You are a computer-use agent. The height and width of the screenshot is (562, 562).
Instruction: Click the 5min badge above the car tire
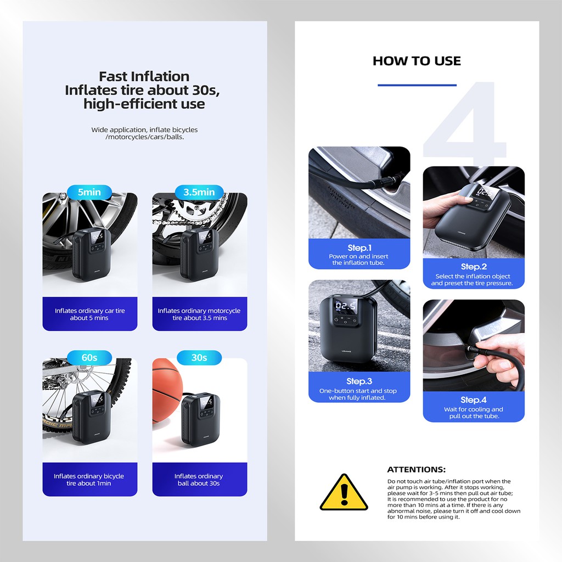89,192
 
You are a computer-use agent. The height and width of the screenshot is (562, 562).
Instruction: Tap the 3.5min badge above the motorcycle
199,192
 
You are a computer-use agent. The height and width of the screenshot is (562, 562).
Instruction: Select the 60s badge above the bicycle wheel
89,357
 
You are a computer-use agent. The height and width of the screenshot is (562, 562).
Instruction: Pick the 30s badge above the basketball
199,357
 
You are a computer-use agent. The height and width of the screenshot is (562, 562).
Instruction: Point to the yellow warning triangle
344,492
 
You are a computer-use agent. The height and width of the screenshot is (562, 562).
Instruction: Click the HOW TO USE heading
417,61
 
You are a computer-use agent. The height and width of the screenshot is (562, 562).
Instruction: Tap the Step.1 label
359,248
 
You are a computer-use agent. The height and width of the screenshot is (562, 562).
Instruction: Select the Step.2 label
474,266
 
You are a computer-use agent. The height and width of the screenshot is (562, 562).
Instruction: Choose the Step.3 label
359,381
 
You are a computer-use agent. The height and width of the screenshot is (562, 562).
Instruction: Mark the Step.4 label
474,400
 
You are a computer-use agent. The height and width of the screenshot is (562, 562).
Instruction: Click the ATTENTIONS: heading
417,470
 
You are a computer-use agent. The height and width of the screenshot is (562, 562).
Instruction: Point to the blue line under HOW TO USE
417,85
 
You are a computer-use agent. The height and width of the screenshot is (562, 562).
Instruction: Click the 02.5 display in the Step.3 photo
346,306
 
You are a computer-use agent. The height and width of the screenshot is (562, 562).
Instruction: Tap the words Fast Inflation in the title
144,76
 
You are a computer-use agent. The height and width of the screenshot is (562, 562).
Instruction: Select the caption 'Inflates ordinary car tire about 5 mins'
89,314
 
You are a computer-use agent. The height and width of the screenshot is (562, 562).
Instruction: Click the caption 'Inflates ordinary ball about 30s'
199,480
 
